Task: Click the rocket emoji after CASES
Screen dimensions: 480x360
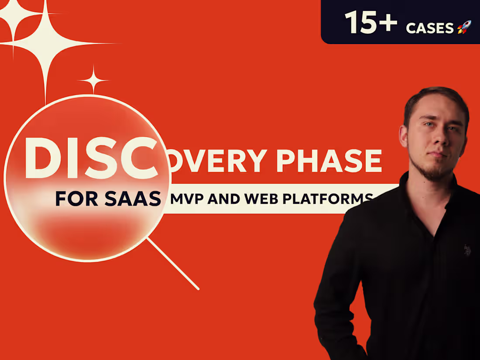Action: pyautogui.click(x=464, y=27)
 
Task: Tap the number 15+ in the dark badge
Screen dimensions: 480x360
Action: pyautogui.click(x=371, y=22)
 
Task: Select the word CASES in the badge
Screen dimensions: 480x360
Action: pyautogui.click(x=430, y=28)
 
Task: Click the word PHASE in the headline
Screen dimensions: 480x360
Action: pyautogui.click(x=329, y=161)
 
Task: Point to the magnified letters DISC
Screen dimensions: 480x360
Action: pyautogui.click(x=91, y=158)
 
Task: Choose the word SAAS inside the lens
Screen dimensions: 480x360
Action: pyautogui.click(x=133, y=199)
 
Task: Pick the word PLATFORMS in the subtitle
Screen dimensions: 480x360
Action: pyautogui.click(x=328, y=199)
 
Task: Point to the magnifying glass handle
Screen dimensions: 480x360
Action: pyautogui.click(x=173, y=264)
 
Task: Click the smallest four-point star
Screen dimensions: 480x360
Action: pyautogui.click(x=93, y=80)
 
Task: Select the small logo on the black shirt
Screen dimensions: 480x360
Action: pyautogui.click(x=466, y=250)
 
